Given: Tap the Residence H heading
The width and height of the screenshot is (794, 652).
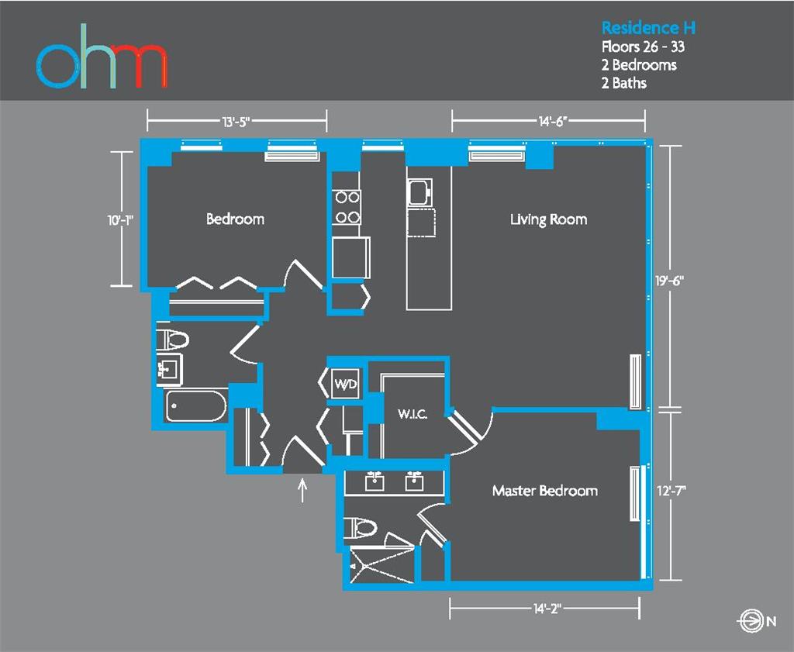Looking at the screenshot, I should pyautogui.click(x=648, y=28).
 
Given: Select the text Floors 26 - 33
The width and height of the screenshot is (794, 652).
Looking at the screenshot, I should pyautogui.click(x=643, y=47).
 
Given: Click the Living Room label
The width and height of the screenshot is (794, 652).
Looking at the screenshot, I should pyautogui.click(x=548, y=219).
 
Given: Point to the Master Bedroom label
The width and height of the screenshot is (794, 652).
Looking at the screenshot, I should pyautogui.click(x=544, y=491).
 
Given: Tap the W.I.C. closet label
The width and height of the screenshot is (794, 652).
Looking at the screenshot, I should pyautogui.click(x=413, y=415).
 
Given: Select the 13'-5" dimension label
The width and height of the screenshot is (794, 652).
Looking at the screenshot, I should pyautogui.click(x=236, y=121).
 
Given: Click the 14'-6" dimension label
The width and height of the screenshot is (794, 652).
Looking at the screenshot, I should pyautogui.click(x=548, y=121).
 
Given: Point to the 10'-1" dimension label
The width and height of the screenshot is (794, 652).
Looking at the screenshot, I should pyautogui.click(x=121, y=219).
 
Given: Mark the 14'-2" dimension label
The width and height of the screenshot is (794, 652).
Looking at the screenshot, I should pyautogui.click(x=545, y=609).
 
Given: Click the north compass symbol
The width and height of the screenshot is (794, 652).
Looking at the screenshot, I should pyautogui.click(x=750, y=620).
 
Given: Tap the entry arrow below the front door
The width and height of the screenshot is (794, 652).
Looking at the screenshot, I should pyautogui.click(x=303, y=489).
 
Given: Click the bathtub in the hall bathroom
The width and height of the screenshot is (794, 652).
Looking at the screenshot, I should pyautogui.click(x=195, y=405).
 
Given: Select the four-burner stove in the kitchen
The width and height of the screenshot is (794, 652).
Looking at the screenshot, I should pyautogui.click(x=347, y=207).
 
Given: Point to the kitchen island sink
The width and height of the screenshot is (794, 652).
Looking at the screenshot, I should pyautogui.click(x=419, y=191).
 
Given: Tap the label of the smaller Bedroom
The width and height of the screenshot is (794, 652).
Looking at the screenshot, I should pyautogui.click(x=235, y=219).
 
